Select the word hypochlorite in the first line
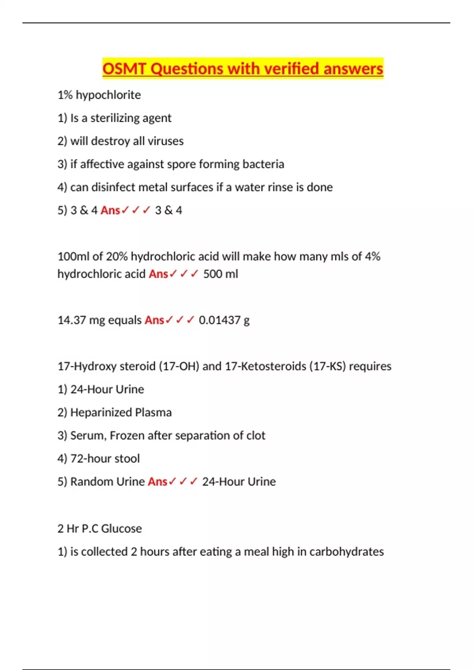(x=108, y=95)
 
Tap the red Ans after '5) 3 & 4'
(x=110, y=210)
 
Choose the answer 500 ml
(x=220, y=274)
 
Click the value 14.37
(x=71, y=320)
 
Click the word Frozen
(x=127, y=435)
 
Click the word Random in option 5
(x=88, y=482)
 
